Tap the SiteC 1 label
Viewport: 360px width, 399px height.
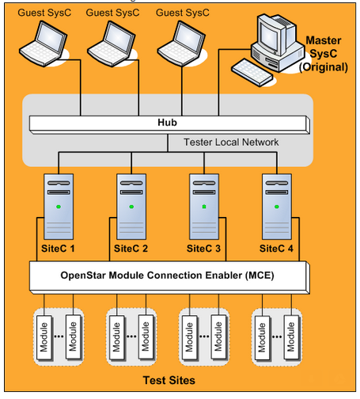(58, 249)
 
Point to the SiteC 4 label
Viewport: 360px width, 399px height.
(277, 249)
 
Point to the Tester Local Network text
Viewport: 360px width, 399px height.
(230, 142)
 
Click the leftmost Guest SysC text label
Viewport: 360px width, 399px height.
(40, 13)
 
